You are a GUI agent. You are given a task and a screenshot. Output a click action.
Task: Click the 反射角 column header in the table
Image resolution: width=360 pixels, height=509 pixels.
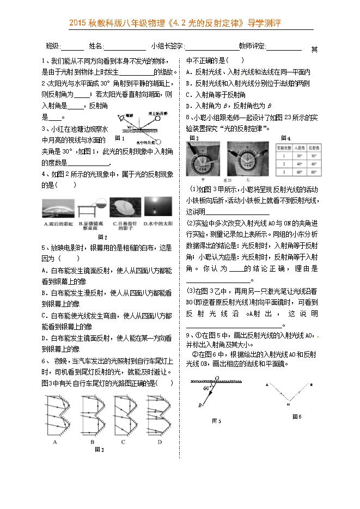pyautogui.click(x=313, y=148)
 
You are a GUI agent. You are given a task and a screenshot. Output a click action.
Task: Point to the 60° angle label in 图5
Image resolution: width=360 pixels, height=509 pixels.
pyautogui.click(x=206, y=389)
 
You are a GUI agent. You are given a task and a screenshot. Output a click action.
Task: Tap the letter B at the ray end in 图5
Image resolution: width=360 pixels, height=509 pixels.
pyautogui.click(x=200, y=406)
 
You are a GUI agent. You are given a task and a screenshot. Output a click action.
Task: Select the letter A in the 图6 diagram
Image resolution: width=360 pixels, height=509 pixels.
pyautogui.click(x=266, y=384)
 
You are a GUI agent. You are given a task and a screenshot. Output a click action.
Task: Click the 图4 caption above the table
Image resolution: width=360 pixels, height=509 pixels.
pyautogui.click(x=285, y=138)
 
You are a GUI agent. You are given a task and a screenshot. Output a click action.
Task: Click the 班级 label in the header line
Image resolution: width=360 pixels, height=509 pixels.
pyautogui.click(x=53, y=47)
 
